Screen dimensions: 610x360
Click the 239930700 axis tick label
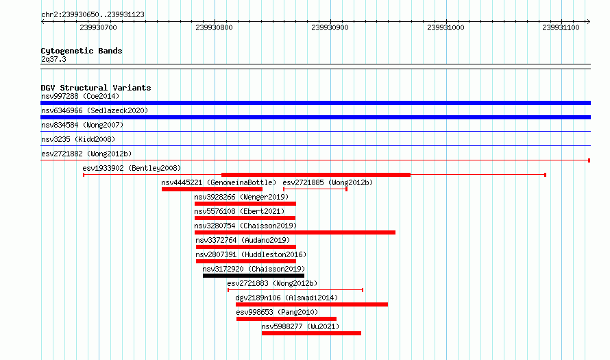pos(98,27)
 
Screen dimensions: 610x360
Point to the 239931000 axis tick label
pos(446,27)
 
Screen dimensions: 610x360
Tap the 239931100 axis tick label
pos(561,27)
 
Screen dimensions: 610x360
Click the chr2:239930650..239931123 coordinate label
pos(93,14)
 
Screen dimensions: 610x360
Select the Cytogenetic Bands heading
pos(82,51)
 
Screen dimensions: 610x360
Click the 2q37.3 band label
pos(53,59)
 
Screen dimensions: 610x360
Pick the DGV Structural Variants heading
pos(96,88)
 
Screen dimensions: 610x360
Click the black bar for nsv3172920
pos(254,276)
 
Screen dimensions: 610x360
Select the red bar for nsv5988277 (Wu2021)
pos(311,333)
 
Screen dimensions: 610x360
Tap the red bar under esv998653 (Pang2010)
pos(286,319)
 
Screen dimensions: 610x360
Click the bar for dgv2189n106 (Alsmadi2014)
pos(312,304)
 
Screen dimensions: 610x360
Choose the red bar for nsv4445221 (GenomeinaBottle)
pos(212,189)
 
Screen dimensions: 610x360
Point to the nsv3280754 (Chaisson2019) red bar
pos(295,232)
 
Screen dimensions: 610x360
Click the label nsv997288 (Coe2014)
pos(80,96)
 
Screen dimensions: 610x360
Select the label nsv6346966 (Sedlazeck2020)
pos(95,110)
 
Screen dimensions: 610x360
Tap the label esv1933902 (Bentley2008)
pos(132,168)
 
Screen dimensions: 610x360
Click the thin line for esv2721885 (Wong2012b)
pos(315,189)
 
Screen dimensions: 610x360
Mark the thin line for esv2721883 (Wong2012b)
pos(295,290)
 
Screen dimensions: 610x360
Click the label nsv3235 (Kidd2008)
pos(78,139)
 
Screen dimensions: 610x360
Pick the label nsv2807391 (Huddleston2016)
pos(251,254)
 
